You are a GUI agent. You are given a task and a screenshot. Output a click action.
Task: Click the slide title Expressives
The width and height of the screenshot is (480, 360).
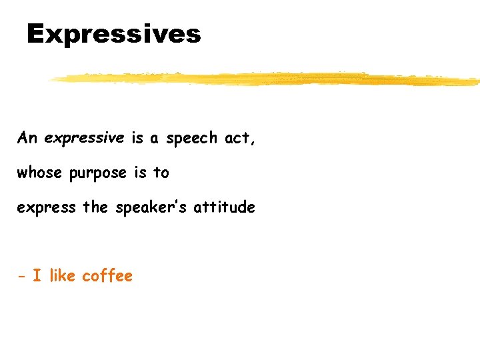click(x=113, y=33)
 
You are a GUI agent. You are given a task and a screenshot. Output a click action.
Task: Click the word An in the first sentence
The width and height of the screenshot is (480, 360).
click(x=27, y=138)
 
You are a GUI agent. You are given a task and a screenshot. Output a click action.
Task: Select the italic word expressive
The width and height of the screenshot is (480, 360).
click(x=84, y=138)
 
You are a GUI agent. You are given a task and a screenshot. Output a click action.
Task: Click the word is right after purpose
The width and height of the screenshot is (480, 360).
click(x=140, y=173)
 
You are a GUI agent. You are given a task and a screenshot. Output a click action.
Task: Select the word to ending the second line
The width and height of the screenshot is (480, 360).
click(x=161, y=173)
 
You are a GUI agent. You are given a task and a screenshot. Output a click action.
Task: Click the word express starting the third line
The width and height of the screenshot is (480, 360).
click(x=46, y=208)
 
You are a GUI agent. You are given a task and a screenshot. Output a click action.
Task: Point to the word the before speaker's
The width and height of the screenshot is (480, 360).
click(x=95, y=207)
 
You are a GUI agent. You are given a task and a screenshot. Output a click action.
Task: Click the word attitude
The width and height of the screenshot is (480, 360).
click(x=224, y=207)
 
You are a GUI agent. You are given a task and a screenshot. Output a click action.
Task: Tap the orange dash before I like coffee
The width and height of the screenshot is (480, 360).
click(x=21, y=277)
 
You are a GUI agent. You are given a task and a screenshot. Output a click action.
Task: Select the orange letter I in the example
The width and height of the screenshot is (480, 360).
click(x=37, y=276)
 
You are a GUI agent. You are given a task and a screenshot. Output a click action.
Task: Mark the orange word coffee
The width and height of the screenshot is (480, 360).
click(x=107, y=276)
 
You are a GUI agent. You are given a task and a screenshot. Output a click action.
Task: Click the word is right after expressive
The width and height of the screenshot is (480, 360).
click(x=137, y=138)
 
